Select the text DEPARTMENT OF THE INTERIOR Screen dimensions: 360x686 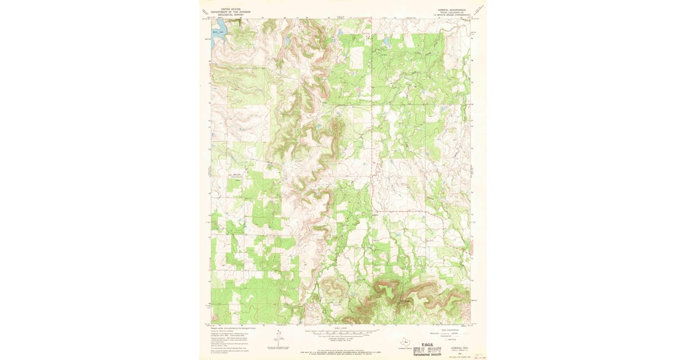click(x=223, y=13)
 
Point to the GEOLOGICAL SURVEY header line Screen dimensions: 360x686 click(x=223, y=15)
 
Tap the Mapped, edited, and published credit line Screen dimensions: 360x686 click(x=229, y=328)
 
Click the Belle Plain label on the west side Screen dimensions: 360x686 click(x=234, y=175)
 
